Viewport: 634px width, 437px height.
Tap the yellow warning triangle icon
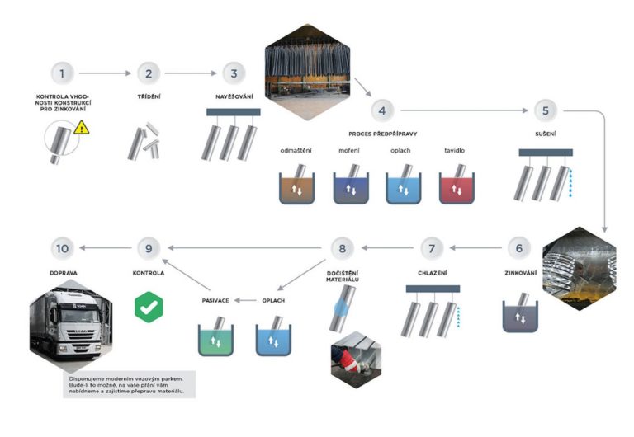pyautogui.click(x=81, y=128)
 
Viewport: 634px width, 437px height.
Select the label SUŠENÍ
pyautogui.click(x=546, y=131)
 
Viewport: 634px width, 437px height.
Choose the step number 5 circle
pyautogui.click(x=546, y=110)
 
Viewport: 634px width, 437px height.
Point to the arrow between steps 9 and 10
pyautogui.click(x=105, y=247)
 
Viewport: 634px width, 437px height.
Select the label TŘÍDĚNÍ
pyautogui.click(x=149, y=96)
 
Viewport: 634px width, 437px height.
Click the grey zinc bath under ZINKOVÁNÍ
pyautogui.click(x=520, y=315)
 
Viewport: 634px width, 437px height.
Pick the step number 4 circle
pyautogui.click(x=380, y=110)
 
